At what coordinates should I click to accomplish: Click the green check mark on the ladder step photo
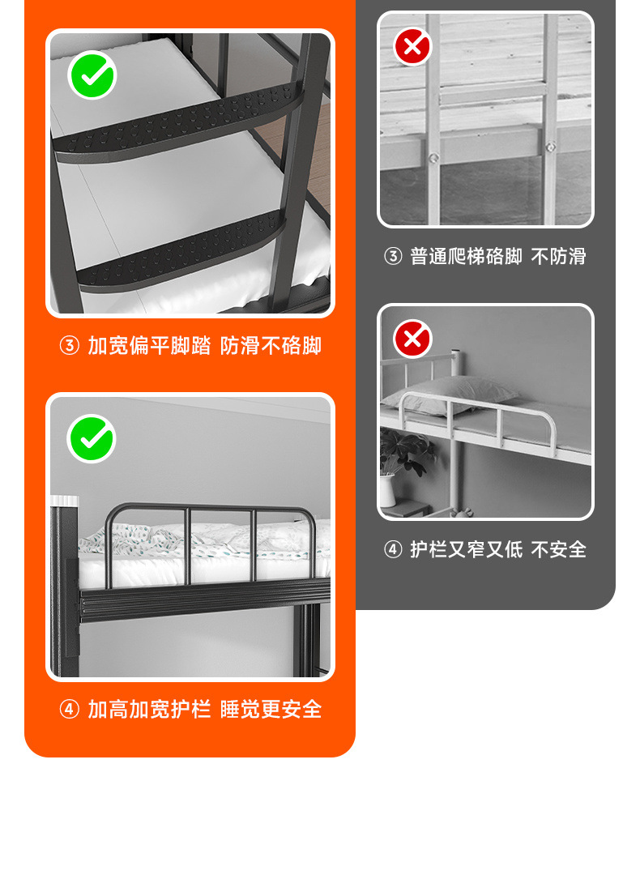pyautogui.click(x=92, y=75)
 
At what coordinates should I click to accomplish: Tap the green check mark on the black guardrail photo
pyautogui.click(x=92, y=438)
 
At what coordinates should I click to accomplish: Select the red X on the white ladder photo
pyautogui.click(x=412, y=46)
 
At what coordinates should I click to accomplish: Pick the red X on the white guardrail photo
pyautogui.click(x=412, y=339)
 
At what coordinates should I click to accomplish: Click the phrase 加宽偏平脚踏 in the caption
pyautogui.click(x=149, y=346)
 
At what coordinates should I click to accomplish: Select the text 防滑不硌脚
pyautogui.click(x=271, y=346)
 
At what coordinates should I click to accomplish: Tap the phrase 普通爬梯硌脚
pyautogui.click(x=466, y=257)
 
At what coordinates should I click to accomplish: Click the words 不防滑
pyautogui.click(x=558, y=257)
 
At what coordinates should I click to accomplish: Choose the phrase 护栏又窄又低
pyautogui.click(x=466, y=549)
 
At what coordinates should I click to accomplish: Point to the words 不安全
pyautogui.click(x=558, y=549)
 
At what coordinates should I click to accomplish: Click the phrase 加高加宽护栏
pyautogui.click(x=149, y=710)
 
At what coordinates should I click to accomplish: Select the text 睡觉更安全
pyautogui.click(x=271, y=710)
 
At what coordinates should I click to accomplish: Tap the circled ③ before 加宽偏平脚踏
pyautogui.click(x=69, y=346)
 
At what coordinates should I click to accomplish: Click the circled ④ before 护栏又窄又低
pyautogui.click(x=392, y=549)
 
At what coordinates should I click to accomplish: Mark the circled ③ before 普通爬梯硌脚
pyautogui.click(x=392, y=257)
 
